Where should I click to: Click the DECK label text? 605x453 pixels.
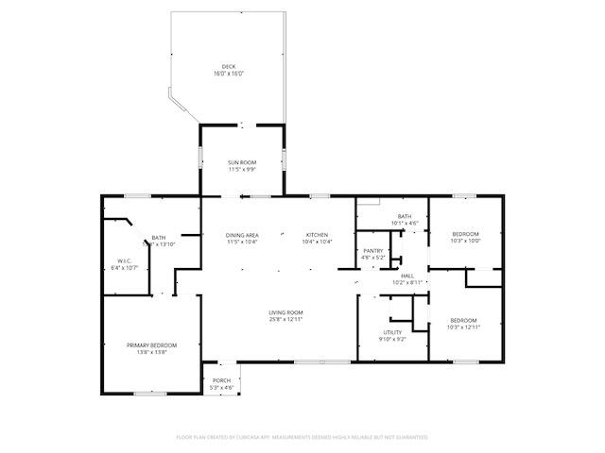228,67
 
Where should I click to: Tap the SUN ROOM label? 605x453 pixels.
242,163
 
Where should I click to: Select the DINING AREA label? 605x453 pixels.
242,234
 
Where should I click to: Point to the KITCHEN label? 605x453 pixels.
317,234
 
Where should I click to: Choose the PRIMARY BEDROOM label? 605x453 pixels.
151,345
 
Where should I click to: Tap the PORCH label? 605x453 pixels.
221,380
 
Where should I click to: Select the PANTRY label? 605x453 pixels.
372,250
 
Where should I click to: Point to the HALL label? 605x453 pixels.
406,276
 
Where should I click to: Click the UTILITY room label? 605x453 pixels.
393,332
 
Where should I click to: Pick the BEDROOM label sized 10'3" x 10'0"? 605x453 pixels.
464,234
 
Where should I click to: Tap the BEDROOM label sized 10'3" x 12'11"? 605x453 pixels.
463,320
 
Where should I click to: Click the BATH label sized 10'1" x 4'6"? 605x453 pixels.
405,217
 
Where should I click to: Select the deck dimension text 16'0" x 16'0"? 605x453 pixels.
228,74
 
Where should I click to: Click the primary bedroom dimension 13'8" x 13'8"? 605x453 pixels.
151,352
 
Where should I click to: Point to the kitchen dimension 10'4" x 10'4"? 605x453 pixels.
317,242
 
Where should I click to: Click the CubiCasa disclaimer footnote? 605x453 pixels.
302,437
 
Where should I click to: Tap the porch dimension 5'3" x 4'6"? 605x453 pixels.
221,387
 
